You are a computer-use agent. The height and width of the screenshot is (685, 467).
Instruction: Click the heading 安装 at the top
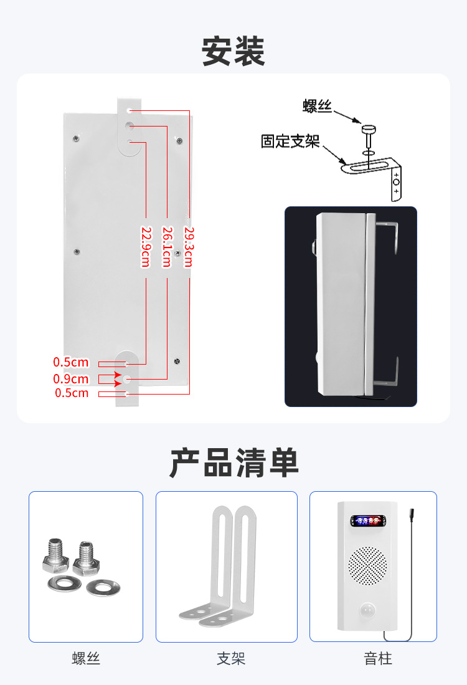tap(233, 52)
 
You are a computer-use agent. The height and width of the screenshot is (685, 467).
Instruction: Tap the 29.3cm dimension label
tap(189, 247)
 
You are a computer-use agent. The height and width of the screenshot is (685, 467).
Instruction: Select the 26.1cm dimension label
tap(167, 247)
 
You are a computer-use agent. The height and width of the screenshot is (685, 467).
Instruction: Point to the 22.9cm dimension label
tap(146, 247)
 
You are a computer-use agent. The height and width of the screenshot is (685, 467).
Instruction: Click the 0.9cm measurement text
tap(71, 379)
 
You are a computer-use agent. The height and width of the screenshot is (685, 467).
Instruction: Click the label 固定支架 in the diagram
tap(290, 141)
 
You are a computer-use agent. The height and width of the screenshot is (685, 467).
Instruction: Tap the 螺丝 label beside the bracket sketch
tap(318, 106)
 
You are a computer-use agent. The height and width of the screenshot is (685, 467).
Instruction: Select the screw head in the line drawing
tap(369, 130)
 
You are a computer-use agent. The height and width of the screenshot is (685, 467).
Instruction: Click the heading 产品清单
tap(233, 463)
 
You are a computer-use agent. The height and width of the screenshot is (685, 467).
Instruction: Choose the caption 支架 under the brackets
tap(231, 658)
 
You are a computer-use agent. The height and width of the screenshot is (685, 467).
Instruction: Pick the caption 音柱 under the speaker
tap(378, 658)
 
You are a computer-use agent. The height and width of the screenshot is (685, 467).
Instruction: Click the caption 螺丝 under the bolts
tap(86, 658)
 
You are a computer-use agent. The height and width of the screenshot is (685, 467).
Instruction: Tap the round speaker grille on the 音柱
tap(367, 566)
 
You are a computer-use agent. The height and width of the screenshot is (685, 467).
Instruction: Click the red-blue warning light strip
tap(369, 520)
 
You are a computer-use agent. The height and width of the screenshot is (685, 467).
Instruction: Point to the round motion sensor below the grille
tap(367, 610)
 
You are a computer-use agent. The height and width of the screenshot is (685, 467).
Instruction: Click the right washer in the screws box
tap(103, 588)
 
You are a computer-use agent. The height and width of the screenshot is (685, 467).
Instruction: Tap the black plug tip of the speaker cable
tap(412, 514)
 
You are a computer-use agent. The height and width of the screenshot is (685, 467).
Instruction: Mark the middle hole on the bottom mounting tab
tap(126, 379)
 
